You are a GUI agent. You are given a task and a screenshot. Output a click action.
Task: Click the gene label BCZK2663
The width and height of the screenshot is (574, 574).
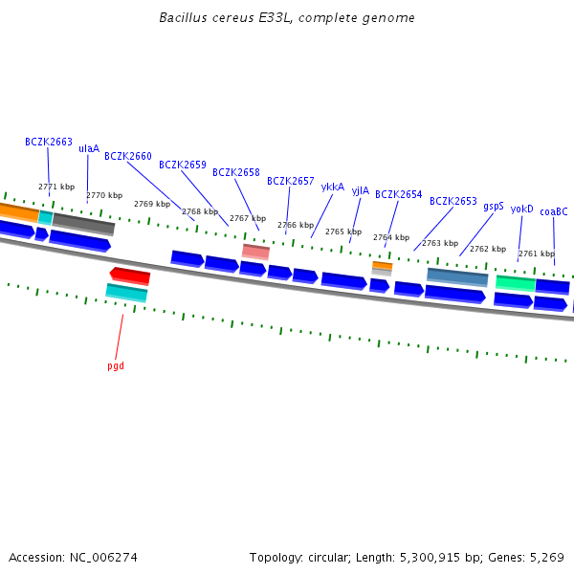click(49, 142)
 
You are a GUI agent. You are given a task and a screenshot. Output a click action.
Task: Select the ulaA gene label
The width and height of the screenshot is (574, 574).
click(88, 148)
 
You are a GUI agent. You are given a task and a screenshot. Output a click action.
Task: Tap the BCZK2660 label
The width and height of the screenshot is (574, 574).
click(128, 156)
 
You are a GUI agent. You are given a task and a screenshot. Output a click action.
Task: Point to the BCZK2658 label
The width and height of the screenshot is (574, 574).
click(236, 172)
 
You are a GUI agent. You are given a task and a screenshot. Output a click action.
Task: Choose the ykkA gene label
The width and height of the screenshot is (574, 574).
click(332, 187)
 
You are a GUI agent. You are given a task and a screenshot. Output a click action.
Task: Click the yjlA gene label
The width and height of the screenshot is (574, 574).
click(360, 190)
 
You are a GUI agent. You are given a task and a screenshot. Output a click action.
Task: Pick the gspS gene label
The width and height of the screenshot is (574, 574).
click(494, 206)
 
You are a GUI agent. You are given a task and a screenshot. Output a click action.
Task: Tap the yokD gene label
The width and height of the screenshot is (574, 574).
click(521, 209)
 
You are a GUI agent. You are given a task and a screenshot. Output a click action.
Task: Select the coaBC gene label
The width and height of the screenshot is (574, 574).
click(554, 211)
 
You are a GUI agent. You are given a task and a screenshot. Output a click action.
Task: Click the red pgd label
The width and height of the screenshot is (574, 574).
click(116, 365)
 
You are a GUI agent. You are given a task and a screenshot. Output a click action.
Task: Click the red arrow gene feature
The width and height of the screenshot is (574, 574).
click(130, 276)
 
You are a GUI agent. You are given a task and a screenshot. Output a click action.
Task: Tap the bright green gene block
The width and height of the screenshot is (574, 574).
click(516, 283)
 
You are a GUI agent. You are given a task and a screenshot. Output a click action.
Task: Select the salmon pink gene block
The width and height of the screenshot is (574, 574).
click(255, 251)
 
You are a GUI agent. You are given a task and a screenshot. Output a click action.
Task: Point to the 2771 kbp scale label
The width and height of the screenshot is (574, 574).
click(55, 187)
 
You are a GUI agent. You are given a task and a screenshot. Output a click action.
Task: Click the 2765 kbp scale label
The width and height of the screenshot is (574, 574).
click(342, 232)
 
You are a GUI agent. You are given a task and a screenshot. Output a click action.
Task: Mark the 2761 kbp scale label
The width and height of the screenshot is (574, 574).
click(536, 254)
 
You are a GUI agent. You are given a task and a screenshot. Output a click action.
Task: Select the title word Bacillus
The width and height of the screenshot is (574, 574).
click(184, 18)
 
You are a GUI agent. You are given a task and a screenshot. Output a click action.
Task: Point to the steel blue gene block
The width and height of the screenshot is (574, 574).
click(457, 276)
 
